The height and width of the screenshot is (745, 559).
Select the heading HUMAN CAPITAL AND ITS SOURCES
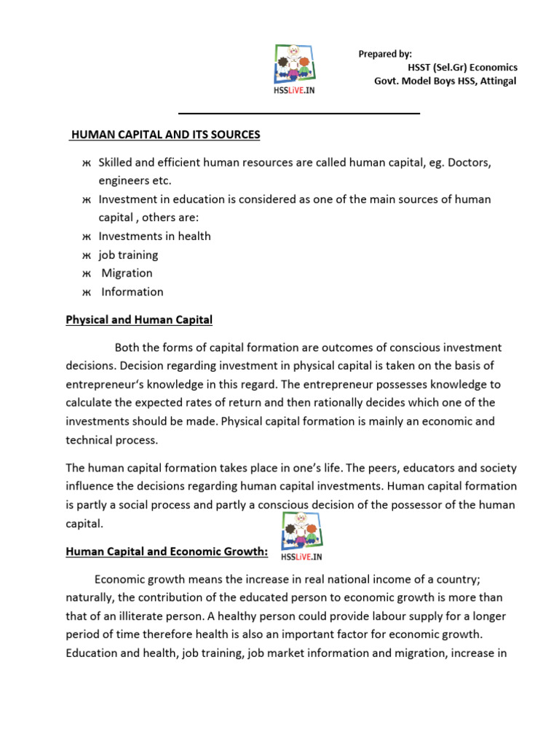(x=165, y=135)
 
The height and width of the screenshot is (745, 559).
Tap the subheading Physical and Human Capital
(x=139, y=319)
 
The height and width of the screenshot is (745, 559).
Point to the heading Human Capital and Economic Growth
(x=167, y=552)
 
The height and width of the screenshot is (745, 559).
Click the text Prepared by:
(x=385, y=54)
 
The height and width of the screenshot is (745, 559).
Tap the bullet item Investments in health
(x=154, y=236)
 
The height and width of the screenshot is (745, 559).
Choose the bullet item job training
(x=128, y=255)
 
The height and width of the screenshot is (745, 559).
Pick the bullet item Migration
(x=127, y=273)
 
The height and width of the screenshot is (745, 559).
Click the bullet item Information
(x=132, y=292)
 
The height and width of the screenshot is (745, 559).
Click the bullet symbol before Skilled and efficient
(x=85, y=162)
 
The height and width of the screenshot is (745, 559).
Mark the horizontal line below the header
(x=299, y=113)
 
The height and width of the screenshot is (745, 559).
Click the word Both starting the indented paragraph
(x=130, y=348)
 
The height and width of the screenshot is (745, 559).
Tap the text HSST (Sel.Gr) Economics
(x=462, y=67)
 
